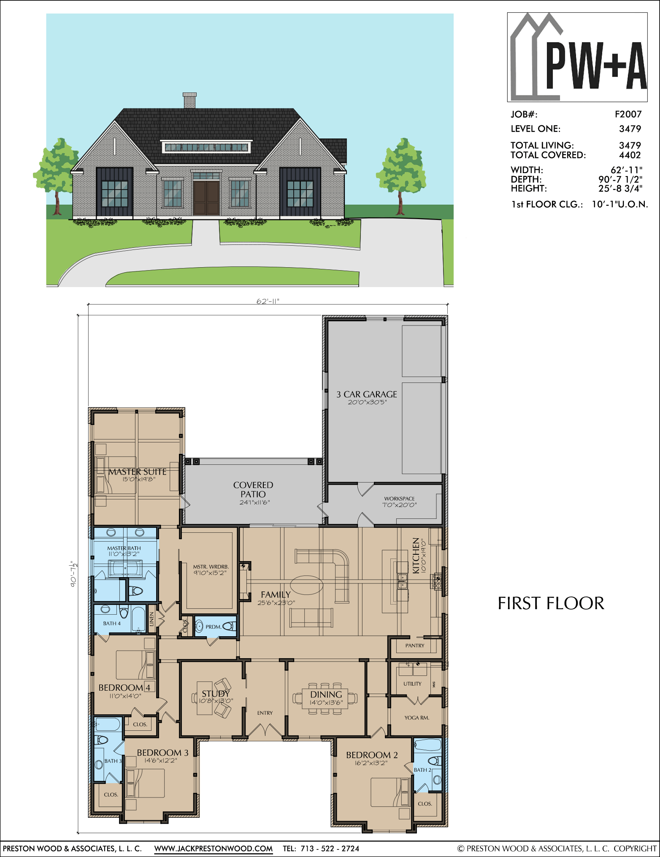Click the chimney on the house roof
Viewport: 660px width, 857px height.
[x=189, y=100]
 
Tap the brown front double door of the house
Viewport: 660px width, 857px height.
[x=206, y=198]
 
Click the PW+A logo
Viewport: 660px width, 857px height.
[x=577, y=57]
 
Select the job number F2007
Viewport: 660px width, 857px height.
[x=628, y=114]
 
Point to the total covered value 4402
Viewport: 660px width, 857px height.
[x=630, y=155]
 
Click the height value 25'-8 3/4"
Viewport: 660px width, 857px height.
[x=620, y=188]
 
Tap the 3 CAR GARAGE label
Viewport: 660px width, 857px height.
[x=367, y=394]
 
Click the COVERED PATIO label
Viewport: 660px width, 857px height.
[x=253, y=489]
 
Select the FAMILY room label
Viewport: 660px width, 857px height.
[x=276, y=594]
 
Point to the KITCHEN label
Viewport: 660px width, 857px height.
[x=416, y=555]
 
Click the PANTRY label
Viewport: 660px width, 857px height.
[x=415, y=645]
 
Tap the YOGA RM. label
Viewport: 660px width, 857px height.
[x=417, y=718]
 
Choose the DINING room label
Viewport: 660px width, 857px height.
[x=326, y=694]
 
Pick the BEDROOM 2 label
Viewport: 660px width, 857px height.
[x=372, y=755]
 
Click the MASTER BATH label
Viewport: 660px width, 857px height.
[x=124, y=548]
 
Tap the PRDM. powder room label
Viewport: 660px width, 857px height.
[x=214, y=627]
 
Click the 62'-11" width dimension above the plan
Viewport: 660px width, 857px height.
[x=268, y=301]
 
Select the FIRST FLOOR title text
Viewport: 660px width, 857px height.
[x=551, y=603]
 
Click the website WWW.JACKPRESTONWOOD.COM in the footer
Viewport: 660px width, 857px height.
[x=214, y=849]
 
